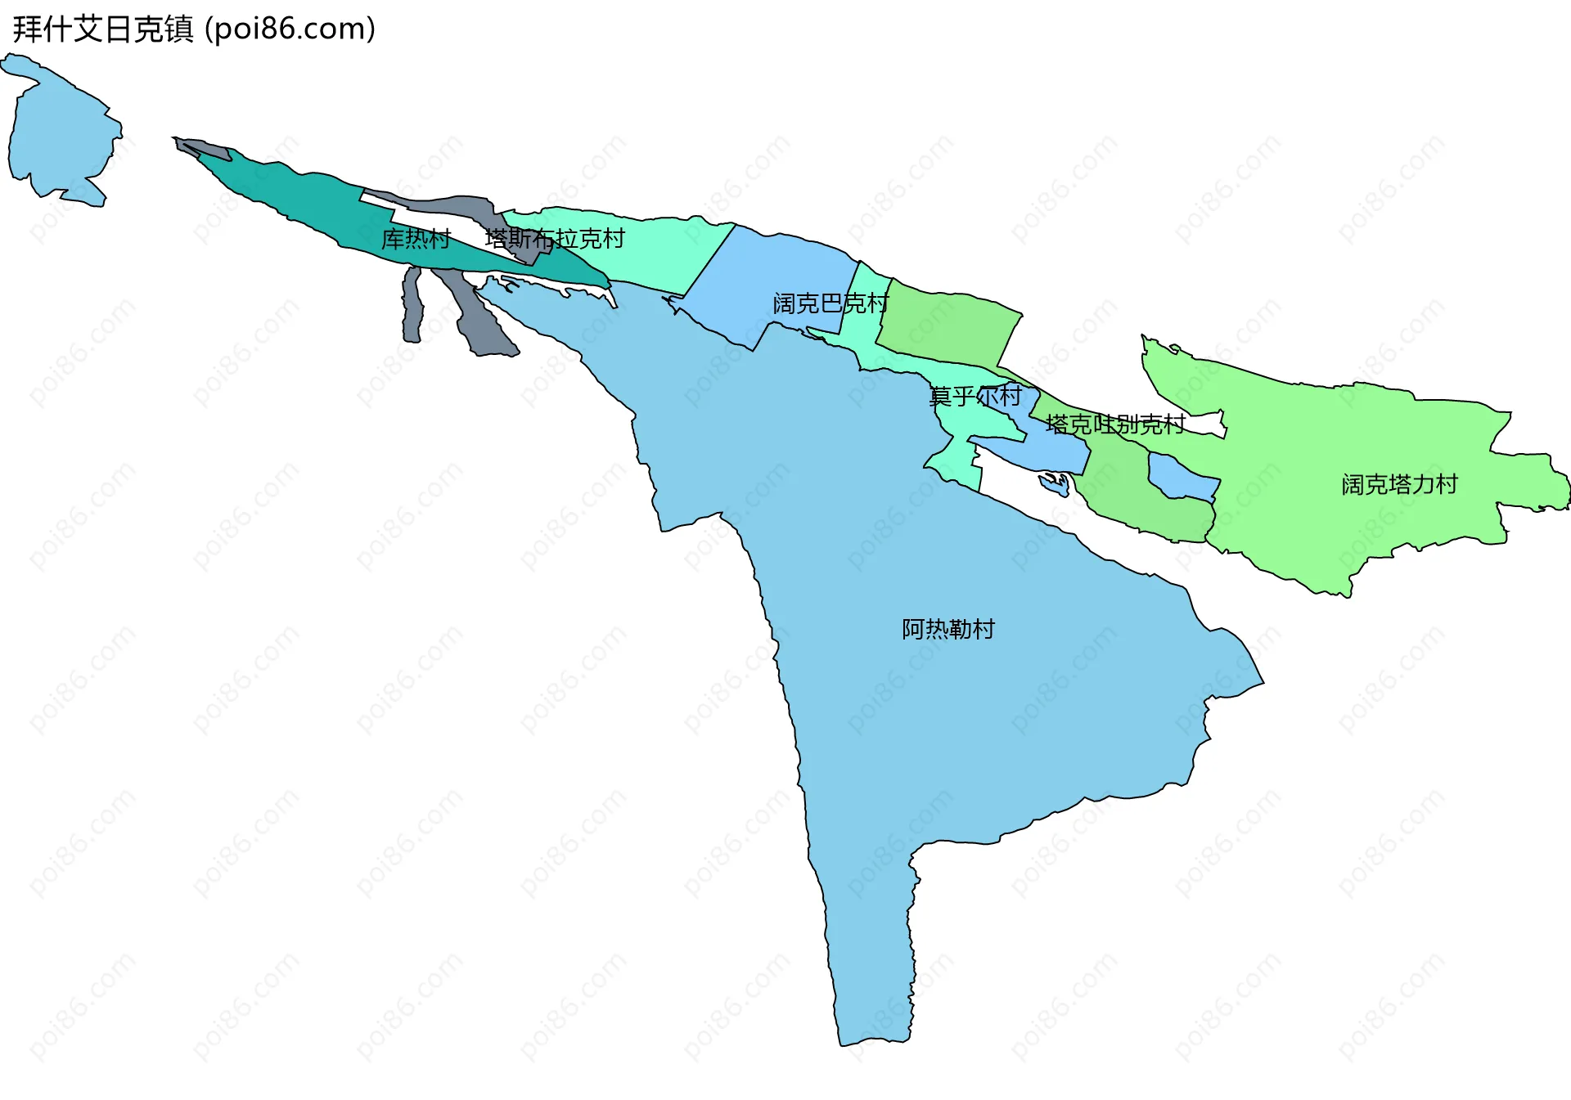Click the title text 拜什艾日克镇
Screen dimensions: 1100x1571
tap(103, 29)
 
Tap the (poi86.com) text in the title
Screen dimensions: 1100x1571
tap(290, 29)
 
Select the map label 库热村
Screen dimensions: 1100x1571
tap(416, 239)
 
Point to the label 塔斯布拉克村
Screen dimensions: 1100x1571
tap(555, 239)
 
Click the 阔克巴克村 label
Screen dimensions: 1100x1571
tap(830, 303)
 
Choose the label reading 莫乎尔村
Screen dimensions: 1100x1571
tap(975, 397)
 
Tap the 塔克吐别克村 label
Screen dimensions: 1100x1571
tap(1114, 424)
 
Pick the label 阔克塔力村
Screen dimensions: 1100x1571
tap(1399, 484)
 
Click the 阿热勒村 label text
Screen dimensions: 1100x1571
tap(948, 629)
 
